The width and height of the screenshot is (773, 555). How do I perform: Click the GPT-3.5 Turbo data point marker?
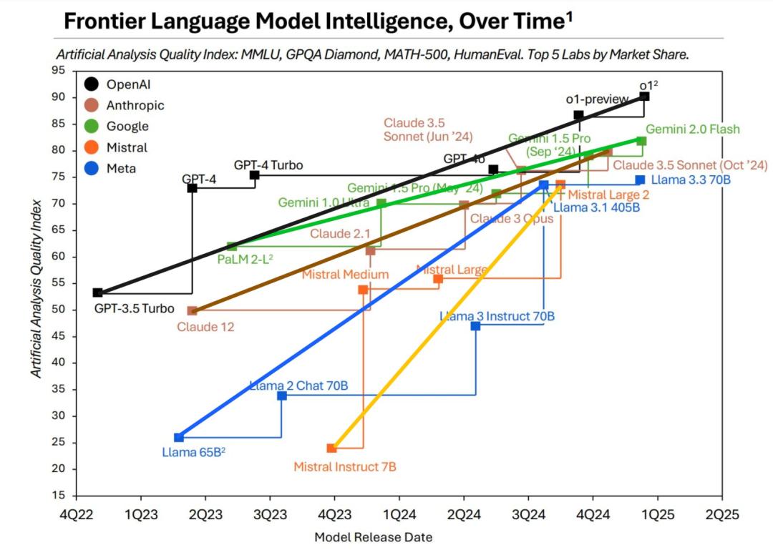(x=97, y=293)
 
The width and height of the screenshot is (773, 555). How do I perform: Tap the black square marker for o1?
(x=644, y=97)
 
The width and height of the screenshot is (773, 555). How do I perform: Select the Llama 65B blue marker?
(x=178, y=438)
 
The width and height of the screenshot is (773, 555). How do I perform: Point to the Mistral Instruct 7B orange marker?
(x=331, y=448)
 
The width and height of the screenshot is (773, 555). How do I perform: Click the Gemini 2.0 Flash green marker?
(x=641, y=141)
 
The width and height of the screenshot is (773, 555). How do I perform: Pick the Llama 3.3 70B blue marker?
(x=640, y=180)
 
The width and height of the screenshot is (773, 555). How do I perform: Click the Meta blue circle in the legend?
(x=92, y=169)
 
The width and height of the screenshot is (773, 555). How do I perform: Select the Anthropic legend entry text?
(x=135, y=105)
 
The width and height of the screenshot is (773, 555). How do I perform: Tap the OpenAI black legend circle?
(x=92, y=84)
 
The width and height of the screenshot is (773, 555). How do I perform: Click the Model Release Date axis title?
(x=373, y=537)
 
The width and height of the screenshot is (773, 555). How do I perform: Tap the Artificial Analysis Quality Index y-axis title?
(x=36, y=288)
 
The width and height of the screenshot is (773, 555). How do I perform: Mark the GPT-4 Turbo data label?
(x=268, y=165)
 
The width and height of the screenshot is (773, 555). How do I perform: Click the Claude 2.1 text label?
(x=340, y=234)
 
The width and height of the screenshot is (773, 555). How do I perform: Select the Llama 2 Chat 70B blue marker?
(x=282, y=396)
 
